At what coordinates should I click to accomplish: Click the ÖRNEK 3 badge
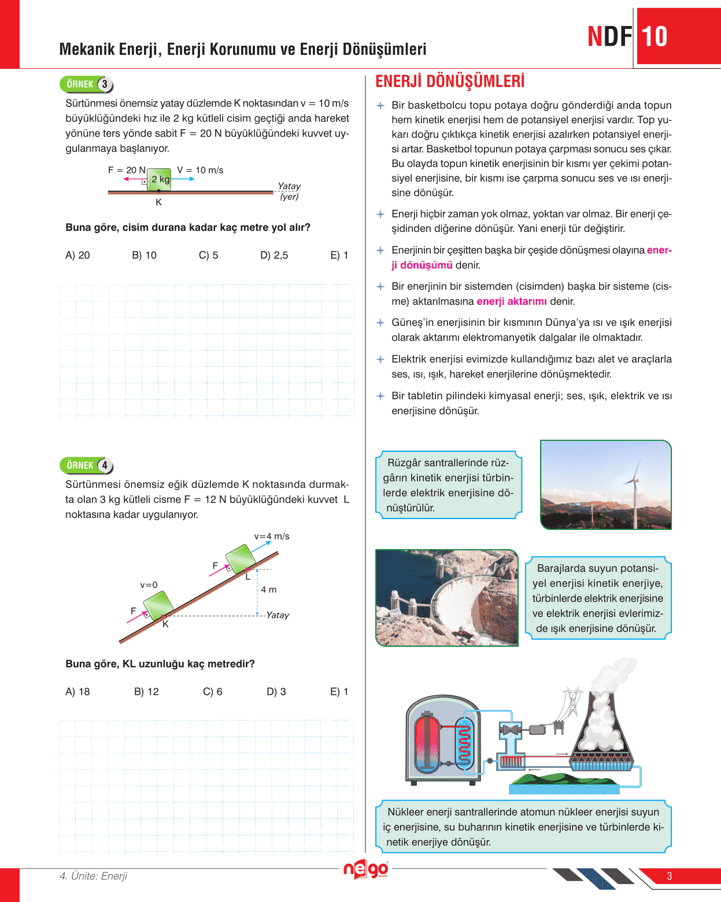tap(86, 84)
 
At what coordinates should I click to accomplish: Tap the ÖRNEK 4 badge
tap(86, 465)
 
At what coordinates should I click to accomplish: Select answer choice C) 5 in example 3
tap(208, 255)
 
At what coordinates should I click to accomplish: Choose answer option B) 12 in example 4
tap(146, 691)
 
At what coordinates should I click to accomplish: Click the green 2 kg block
tap(159, 179)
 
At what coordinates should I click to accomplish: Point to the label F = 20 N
tap(127, 170)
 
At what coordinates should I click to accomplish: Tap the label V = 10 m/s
tap(200, 170)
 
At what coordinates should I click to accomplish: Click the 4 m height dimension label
tap(268, 590)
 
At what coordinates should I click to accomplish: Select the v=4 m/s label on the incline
tap(272, 536)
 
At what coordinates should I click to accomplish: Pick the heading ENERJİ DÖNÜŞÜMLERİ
tap(449, 82)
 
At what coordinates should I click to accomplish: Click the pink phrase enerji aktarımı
tap(512, 301)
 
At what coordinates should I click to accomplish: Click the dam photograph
tap(447, 598)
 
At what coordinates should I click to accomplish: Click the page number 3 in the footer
tap(670, 876)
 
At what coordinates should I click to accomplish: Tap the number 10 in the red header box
tap(655, 36)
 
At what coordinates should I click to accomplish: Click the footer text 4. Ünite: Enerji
tap(94, 876)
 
